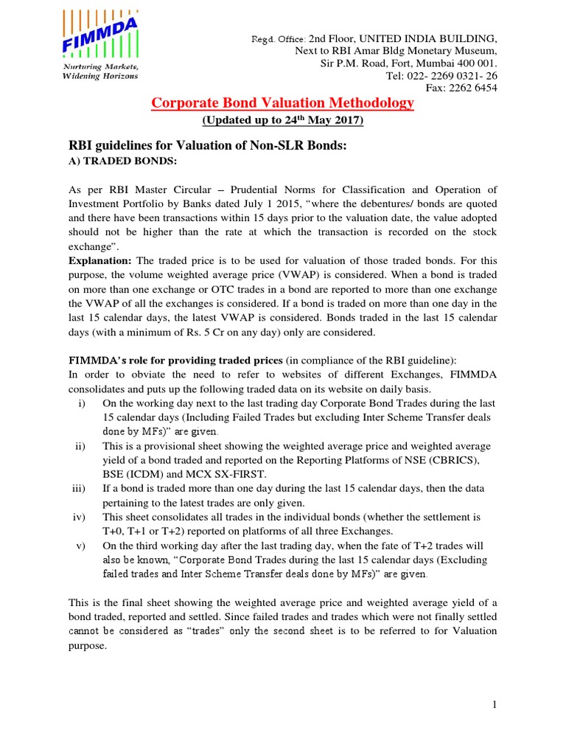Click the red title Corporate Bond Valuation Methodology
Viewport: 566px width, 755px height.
[282, 103]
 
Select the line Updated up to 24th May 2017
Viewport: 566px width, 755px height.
[282, 120]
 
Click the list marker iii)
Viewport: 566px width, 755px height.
[78, 489]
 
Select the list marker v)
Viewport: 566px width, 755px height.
[80, 546]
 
